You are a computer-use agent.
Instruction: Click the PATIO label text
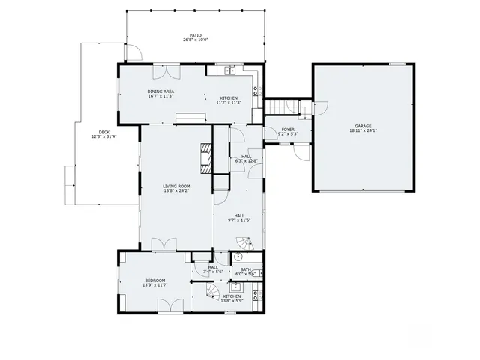point(195,35)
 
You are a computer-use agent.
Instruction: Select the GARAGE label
point(363,126)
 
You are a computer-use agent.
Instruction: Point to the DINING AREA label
point(160,91)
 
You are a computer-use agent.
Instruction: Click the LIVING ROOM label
point(177,186)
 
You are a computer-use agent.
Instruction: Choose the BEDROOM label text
point(155,280)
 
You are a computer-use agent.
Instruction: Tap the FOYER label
point(288,130)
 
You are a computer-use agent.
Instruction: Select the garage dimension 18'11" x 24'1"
point(363,131)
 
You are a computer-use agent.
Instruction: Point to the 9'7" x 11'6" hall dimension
point(238,220)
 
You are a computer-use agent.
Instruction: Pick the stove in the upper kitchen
point(256,89)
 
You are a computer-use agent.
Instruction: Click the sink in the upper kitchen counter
point(229,70)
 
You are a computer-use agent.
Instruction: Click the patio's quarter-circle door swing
point(133,52)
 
